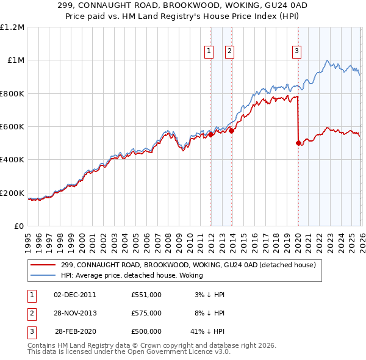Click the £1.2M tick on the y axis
[x=12, y=27]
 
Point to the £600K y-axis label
[x=12, y=127]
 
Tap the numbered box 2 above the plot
[x=229, y=52]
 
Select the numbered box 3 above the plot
[x=297, y=52]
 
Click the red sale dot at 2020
[x=298, y=143]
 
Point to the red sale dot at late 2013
[x=231, y=131]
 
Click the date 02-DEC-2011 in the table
[x=76, y=295]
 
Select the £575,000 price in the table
[x=146, y=313]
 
